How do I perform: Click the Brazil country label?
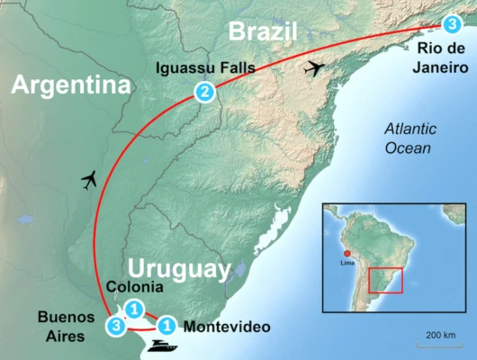click(263, 32)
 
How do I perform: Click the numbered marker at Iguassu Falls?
click(205, 91)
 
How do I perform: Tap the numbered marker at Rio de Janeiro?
click(451, 24)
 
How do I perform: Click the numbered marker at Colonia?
click(132, 309)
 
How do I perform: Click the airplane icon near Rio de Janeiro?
click(314, 67)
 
